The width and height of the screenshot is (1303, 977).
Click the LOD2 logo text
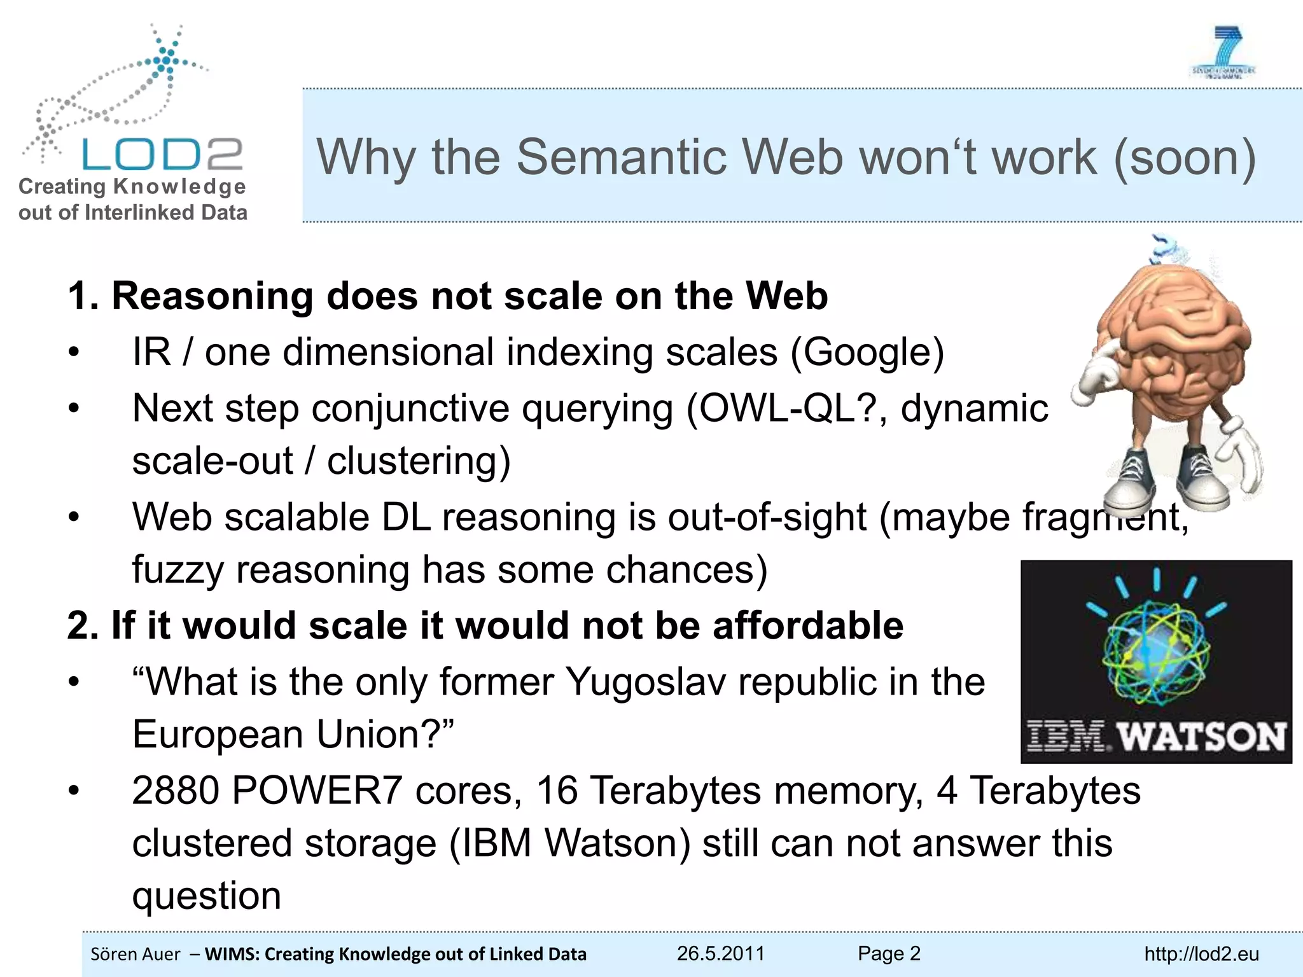(162, 155)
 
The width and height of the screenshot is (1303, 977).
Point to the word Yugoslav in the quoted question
(645, 682)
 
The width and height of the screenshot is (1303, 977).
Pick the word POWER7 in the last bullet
(316, 791)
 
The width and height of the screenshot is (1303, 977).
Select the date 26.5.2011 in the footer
(720, 953)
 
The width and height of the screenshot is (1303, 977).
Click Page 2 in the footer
(889, 953)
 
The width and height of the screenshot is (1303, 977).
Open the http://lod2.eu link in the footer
(1201, 954)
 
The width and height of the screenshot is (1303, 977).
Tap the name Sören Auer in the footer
(136, 954)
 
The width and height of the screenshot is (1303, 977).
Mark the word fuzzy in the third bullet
(178, 570)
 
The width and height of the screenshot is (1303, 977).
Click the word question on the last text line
(206, 897)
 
